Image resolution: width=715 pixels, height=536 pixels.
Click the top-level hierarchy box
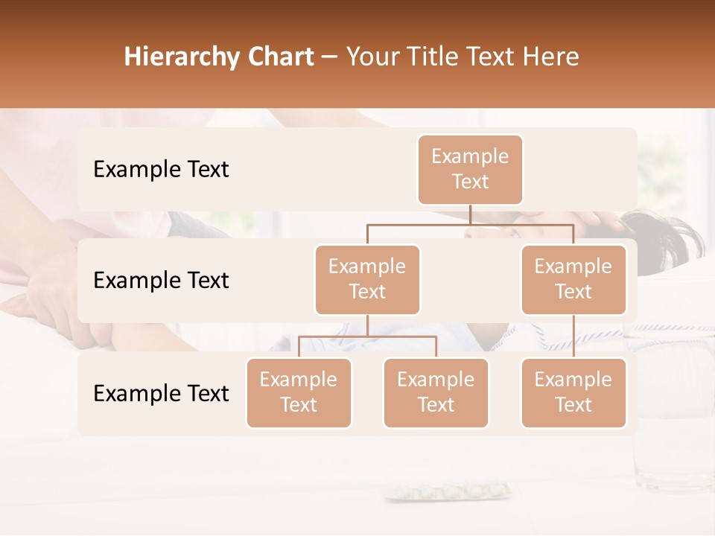[470, 169]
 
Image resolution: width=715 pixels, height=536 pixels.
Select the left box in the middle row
[367, 279]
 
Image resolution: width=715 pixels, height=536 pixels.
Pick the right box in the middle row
[573, 279]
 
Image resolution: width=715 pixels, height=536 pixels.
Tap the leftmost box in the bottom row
[299, 392]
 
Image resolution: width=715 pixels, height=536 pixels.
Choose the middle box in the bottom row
[436, 392]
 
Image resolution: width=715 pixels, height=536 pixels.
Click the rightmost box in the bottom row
[573, 392]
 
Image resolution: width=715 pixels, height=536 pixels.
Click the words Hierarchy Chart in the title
[219, 57]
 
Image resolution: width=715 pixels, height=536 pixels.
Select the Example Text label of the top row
[161, 169]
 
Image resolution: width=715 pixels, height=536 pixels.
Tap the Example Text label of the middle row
[161, 280]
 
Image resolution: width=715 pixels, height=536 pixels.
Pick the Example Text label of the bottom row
[161, 393]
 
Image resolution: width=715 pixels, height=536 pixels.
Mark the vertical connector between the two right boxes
[573, 336]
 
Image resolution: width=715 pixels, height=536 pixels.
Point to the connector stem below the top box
[470, 214]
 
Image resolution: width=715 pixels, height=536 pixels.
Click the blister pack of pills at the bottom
[447, 492]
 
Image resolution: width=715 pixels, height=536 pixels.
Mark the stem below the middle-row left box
[367, 325]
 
